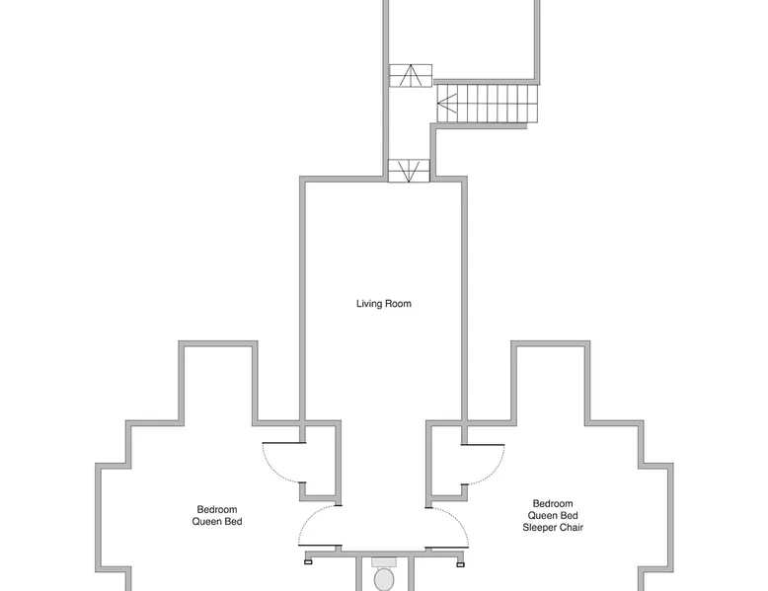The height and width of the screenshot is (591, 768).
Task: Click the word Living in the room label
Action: click(x=369, y=304)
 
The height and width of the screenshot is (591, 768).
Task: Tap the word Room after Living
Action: click(x=398, y=304)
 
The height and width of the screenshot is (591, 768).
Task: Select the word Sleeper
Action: click(x=538, y=527)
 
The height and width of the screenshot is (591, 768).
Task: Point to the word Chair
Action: click(x=570, y=527)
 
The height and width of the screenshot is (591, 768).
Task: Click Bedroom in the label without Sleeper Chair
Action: click(x=217, y=510)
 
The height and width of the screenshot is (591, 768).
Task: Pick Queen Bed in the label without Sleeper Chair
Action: click(x=217, y=522)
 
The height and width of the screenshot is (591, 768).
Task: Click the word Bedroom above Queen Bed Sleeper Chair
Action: click(x=553, y=504)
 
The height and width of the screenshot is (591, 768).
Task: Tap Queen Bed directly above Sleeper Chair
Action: click(x=553, y=516)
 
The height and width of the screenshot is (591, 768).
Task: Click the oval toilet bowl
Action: click(x=384, y=579)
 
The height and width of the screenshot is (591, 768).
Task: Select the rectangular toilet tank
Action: click(x=384, y=561)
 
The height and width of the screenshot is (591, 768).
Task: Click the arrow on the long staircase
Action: click(x=447, y=104)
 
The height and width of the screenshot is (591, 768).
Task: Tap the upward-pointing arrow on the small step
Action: click(x=411, y=75)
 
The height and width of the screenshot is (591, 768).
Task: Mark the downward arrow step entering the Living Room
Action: click(x=409, y=171)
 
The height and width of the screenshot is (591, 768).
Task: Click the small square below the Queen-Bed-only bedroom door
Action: click(x=308, y=562)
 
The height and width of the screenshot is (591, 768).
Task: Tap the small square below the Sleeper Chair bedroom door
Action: click(x=460, y=564)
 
